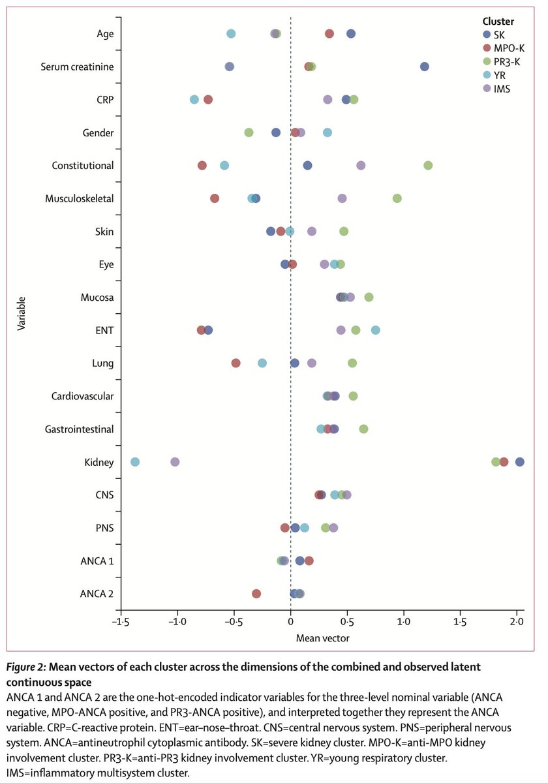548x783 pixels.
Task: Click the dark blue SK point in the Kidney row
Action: click(519, 462)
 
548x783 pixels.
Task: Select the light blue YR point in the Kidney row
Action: click(135, 462)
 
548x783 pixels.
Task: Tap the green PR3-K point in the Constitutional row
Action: click(428, 165)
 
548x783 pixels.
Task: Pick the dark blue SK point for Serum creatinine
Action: click(425, 67)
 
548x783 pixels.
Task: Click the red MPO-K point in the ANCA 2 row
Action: click(256, 594)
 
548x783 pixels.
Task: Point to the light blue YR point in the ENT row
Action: click(376, 330)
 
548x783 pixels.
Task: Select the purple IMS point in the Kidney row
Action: click(175, 462)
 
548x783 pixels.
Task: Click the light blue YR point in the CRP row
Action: click(194, 99)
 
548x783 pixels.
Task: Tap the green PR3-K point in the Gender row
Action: click(249, 132)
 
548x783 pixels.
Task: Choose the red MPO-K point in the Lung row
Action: click(236, 363)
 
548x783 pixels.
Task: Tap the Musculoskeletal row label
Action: click(80, 198)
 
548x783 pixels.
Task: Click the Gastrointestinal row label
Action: click(80, 429)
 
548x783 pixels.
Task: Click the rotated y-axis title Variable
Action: click(22, 314)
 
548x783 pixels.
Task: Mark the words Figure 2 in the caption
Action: click(29, 667)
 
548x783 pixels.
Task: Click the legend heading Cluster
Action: click(499, 22)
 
